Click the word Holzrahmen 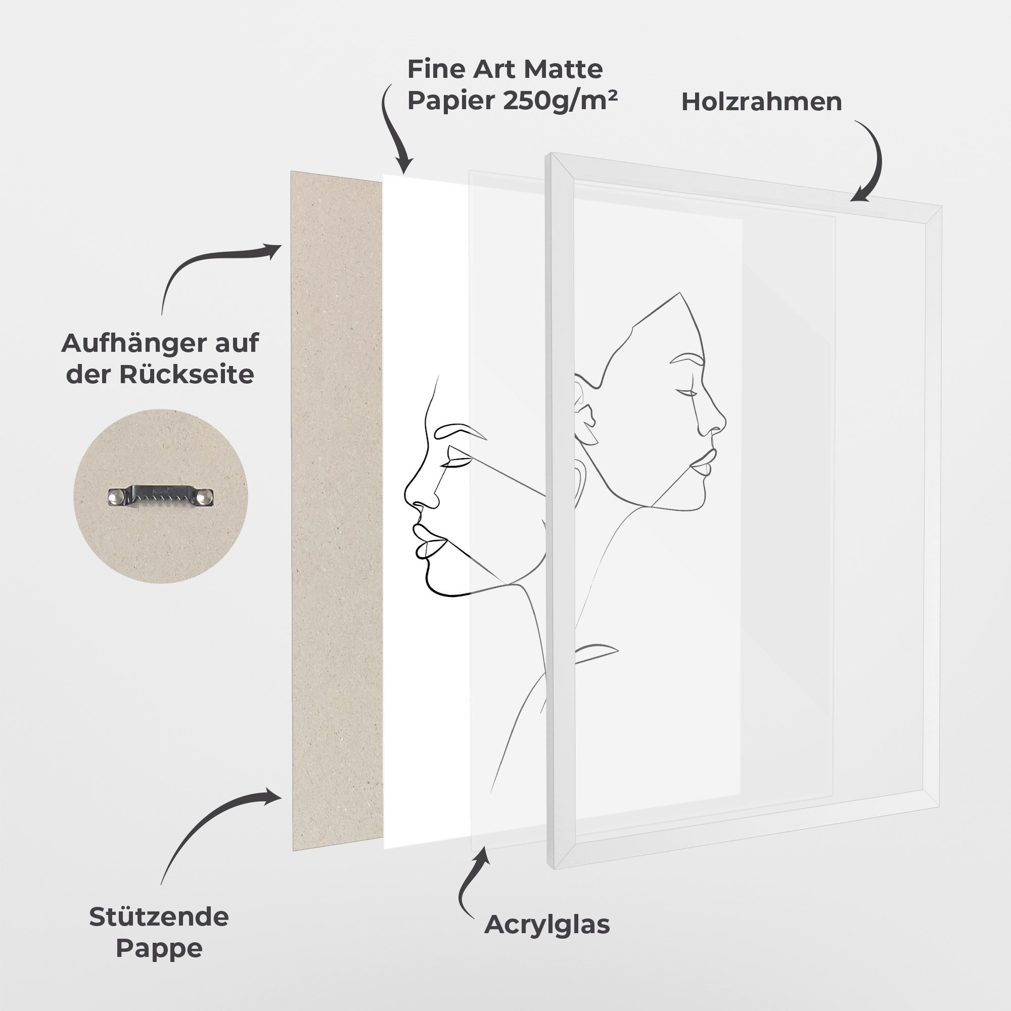tap(761, 102)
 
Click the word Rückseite tap(187, 374)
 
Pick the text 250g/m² tap(560, 101)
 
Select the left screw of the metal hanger tap(116, 495)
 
